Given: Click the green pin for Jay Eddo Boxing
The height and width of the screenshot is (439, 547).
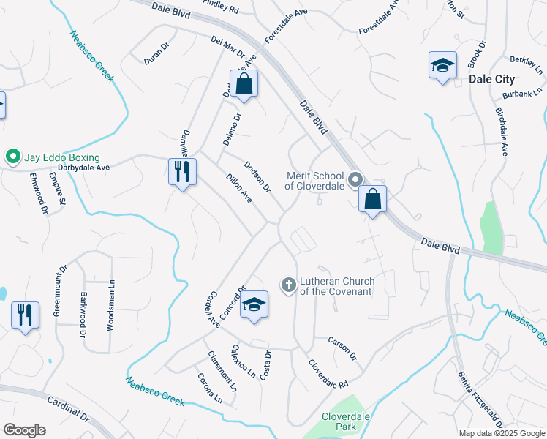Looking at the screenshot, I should pos(12,157).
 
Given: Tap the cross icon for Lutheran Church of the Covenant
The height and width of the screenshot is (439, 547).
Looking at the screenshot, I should pos(289,284).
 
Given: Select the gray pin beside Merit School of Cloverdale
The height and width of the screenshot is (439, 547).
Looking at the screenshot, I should pos(355,179).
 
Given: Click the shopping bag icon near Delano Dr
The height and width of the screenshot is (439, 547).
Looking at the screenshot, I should pos(244,84).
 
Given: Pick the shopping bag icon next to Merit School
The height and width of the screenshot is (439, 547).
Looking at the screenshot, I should pos(372,199).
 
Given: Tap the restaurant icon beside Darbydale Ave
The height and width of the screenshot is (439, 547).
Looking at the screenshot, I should pos(181,172).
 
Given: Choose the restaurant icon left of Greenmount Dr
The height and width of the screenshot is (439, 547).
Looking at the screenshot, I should pos(25,315).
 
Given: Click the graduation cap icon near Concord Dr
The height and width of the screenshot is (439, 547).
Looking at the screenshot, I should pos(254,304).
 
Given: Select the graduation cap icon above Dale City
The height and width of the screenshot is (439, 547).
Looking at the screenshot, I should pos(442,66).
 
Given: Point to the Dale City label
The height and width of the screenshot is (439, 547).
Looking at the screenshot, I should pos(491,79).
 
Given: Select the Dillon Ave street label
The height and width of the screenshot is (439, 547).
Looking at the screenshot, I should pos(239,188).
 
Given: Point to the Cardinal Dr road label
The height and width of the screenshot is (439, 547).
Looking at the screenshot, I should pos(68,410).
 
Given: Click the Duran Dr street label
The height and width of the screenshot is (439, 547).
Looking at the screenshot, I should pos(156,53).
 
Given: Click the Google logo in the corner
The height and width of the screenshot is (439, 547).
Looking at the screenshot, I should pos(24,430).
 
